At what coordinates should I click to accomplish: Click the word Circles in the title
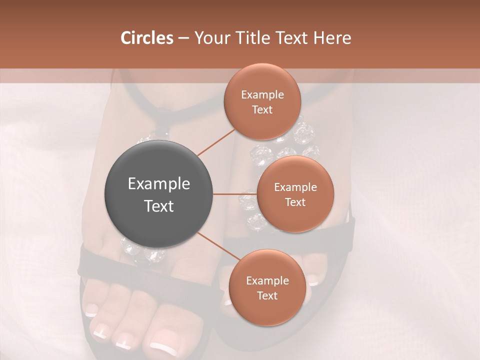point(146,38)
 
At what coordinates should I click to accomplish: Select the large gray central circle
point(158,194)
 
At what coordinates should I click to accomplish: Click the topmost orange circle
point(262,102)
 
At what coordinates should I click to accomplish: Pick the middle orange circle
point(295,194)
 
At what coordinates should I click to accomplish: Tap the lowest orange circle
point(267,287)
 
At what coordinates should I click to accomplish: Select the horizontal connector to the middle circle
point(235,194)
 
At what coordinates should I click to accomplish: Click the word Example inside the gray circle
point(158,183)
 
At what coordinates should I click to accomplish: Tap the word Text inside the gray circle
point(158,206)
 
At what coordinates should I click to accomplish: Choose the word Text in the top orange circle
point(262,110)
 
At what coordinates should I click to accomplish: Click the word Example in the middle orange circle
point(295,187)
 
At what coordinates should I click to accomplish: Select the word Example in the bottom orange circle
point(267,280)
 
